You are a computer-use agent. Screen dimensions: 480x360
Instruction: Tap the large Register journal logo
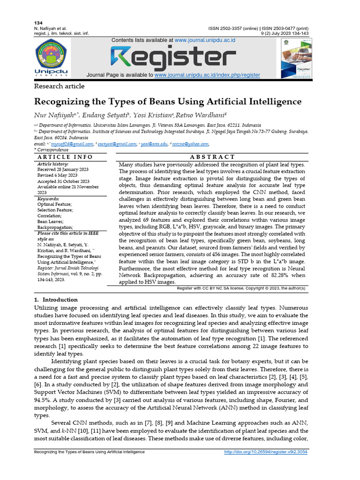[x=173, y=58]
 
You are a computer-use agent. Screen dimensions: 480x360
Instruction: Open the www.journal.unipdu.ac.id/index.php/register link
[x=207, y=75]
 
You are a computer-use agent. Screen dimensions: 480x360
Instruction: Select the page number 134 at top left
[x=38, y=23]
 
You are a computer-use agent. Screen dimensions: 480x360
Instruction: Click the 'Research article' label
[x=60, y=86]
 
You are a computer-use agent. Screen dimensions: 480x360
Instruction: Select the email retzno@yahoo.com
[x=190, y=144]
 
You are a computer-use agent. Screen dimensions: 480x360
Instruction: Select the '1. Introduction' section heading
[x=56, y=300]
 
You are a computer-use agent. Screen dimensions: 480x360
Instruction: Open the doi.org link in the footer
[x=266, y=452]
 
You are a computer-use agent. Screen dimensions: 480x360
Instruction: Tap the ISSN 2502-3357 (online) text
[x=232, y=28]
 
